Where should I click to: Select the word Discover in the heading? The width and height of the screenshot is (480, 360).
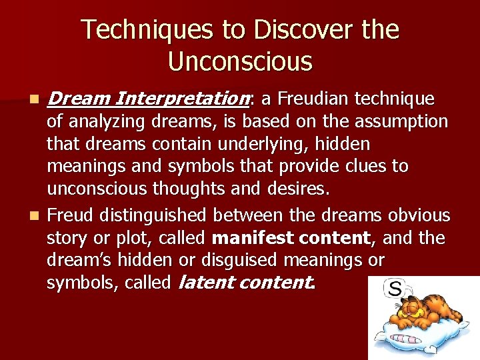click(x=286, y=30)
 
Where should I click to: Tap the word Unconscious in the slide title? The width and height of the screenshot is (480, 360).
click(x=240, y=61)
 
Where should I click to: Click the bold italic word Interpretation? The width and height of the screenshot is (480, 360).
click(x=181, y=100)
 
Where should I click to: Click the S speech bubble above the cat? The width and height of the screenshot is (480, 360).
click(x=395, y=289)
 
